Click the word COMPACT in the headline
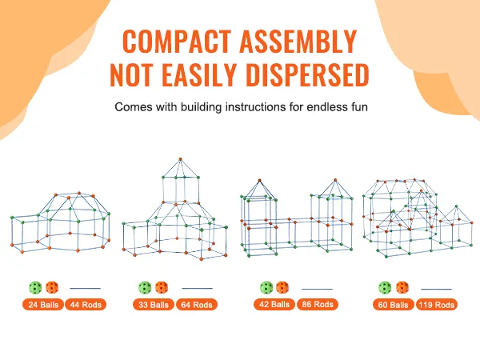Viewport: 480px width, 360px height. click(177, 42)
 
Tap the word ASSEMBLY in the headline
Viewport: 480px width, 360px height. click(298, 42)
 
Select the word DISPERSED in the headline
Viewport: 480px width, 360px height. click(307, 75)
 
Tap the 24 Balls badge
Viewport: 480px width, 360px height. click(43, 305)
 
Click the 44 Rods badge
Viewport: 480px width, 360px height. click(86, 305)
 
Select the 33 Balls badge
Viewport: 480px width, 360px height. click(154, 305)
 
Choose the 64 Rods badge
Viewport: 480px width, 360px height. click(197, 305)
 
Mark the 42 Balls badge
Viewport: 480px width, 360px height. click(274, 304)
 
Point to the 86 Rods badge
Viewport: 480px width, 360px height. click(318, 304)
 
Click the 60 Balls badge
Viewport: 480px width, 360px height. click(394, 305)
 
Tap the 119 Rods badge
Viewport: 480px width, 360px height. click(437, 305)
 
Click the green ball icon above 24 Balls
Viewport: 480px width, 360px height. click(35, 288)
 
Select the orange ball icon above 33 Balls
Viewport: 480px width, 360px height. click(162, 288)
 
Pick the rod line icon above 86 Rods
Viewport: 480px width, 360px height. click(317, 289)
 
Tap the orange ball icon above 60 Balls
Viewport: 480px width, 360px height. click(402, 288)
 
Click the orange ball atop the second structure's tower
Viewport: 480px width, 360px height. click(180, 159)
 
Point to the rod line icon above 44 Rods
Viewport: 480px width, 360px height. click(85, 288)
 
